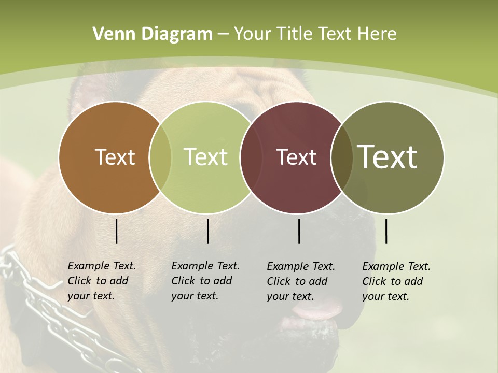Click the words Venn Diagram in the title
(152, 34)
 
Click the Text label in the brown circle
(115, 157)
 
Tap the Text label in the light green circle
(205, 157)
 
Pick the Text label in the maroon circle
(296, 157)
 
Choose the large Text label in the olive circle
(388, 157)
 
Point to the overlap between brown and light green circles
(160, 157)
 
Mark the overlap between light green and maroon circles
(247, 157)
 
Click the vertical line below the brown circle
(117, 232)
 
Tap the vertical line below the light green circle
(208, 232)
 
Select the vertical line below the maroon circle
(299, 232)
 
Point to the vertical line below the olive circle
(386, 232)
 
